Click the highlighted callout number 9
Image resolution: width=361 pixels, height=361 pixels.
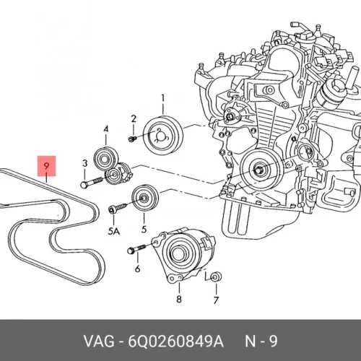pyautogui.click(x=46, y=166)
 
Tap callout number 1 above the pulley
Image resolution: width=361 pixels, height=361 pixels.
pyautogui.click(x=163, y=99)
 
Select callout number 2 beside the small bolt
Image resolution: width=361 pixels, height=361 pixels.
pyautogui.click(x=134, y=119)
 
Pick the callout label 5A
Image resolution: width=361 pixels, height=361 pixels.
pyautogui.click(x=114, y=232)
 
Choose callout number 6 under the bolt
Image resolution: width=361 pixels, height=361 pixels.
pyautogui.click(x=137, y=269)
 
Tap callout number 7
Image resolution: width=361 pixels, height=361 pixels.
pyautogui.click(x=216, y=300)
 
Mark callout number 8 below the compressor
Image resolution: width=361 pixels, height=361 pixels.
pyautogui.click(x=179, y=299)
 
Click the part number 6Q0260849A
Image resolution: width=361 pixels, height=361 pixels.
pyautogui.click(x=176, y=342)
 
